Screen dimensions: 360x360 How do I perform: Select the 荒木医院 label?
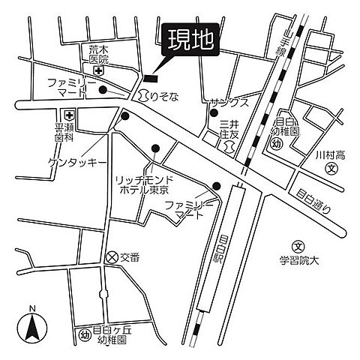coord(94,54)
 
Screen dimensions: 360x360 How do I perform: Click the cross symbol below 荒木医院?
coord(97,70)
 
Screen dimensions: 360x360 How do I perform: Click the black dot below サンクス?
coord(213,112)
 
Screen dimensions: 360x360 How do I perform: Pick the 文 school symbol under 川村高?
coord(331,169)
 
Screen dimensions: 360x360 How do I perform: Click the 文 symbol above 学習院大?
coord(298,245)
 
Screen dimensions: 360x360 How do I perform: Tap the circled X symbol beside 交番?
coord(112,256)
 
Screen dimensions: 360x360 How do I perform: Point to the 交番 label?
coord(130,257)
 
